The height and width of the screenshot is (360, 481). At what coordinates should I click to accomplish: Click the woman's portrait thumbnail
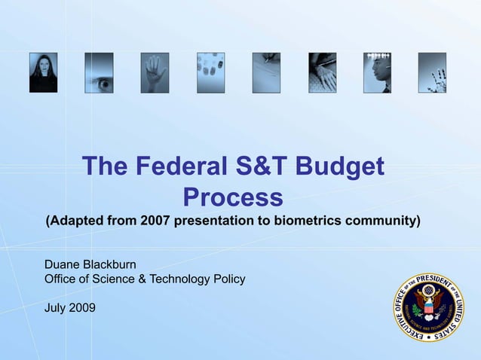coord(43,72)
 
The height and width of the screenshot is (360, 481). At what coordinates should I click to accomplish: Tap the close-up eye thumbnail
coord(99,72)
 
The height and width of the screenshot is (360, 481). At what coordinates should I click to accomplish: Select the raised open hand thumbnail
coord(155,72)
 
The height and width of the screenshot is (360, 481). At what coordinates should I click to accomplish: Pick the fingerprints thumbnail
coord(210,72)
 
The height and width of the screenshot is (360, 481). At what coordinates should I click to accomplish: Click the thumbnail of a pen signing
coord(266,72)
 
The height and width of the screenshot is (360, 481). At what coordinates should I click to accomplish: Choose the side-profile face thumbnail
coord(377,72)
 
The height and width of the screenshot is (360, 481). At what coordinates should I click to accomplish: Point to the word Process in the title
coord(233,197)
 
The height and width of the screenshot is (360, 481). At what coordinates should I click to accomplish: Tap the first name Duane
coord(63,264)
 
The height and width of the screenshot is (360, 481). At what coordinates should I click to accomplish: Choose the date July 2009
coord(70,307)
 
